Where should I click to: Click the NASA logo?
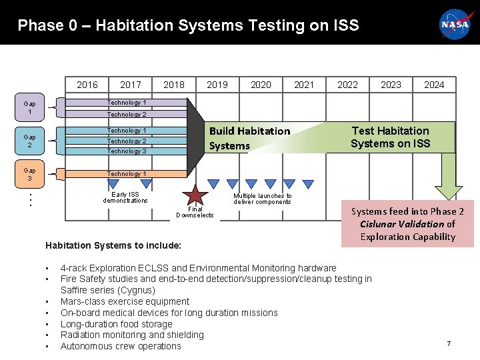pyautogui.click(x=455, y=25)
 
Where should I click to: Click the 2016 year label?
pyautogui.click(x=87, y=85)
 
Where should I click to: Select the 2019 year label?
pyautogui.click(x=217, y=85)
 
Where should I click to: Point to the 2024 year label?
pyautogui.click(x=434, y=85)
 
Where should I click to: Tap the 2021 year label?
pyautogui.click(x=304, y=85)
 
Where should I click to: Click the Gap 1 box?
pyautogui.click(x=30, y=107)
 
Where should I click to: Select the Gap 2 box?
pyautogui.click(x=30, y=140)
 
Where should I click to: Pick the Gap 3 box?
pyautogui.click(x=30, y=174)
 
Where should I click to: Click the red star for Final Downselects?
pyautogui.click(x=195, y=195)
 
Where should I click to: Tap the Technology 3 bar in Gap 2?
pyautogui.click(x=127, y=151)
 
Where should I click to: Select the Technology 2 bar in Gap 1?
pyautogui.click(x=127, y=115)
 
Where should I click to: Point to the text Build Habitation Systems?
pyautogui.click(x=249, y=138)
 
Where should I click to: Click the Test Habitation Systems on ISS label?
pyautogui.click(x=391, y=137)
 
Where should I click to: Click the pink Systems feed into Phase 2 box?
pyautogui.click(x=407, y=224)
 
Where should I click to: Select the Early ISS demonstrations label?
pyautogui.click(x=125, y=197)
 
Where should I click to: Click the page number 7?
pyautogui.click(x=449, y=343)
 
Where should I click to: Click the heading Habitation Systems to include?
pyautogui.click(x=113, y=245)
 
